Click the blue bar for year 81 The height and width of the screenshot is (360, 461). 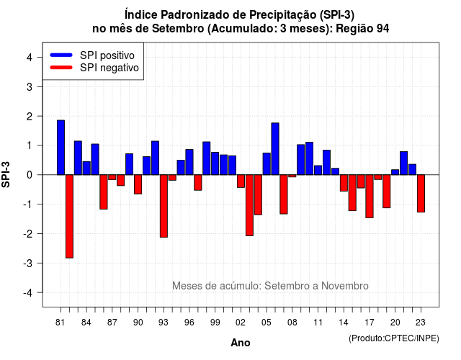point(61,148)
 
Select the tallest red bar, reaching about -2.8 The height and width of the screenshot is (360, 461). point(69,216)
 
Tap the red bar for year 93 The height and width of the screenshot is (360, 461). point(164,206)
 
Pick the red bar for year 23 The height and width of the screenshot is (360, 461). point(421,194)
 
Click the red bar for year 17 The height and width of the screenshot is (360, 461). point(370,197)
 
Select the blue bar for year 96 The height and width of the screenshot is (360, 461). point(189,162)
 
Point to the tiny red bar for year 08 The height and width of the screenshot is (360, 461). point(292,176)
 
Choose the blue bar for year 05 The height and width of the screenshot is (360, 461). point(267,164)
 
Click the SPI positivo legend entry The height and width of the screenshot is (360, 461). point(92,55)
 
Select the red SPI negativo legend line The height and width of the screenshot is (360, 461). point(61,68)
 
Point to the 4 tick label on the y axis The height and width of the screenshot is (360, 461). point(30,58)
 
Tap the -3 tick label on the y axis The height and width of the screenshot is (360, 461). point(28,263)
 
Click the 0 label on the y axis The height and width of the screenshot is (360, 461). point(30,175)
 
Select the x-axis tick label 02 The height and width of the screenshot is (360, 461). point(241,323)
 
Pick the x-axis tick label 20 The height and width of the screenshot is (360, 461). point(395,323)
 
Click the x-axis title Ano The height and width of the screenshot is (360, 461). point(241,343)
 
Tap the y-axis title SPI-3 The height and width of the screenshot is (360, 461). point(6,174)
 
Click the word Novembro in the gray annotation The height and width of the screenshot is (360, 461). point(344,286)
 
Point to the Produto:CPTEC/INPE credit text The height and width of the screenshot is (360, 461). point(394,338)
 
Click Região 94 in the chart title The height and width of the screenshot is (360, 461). point(362,29)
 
